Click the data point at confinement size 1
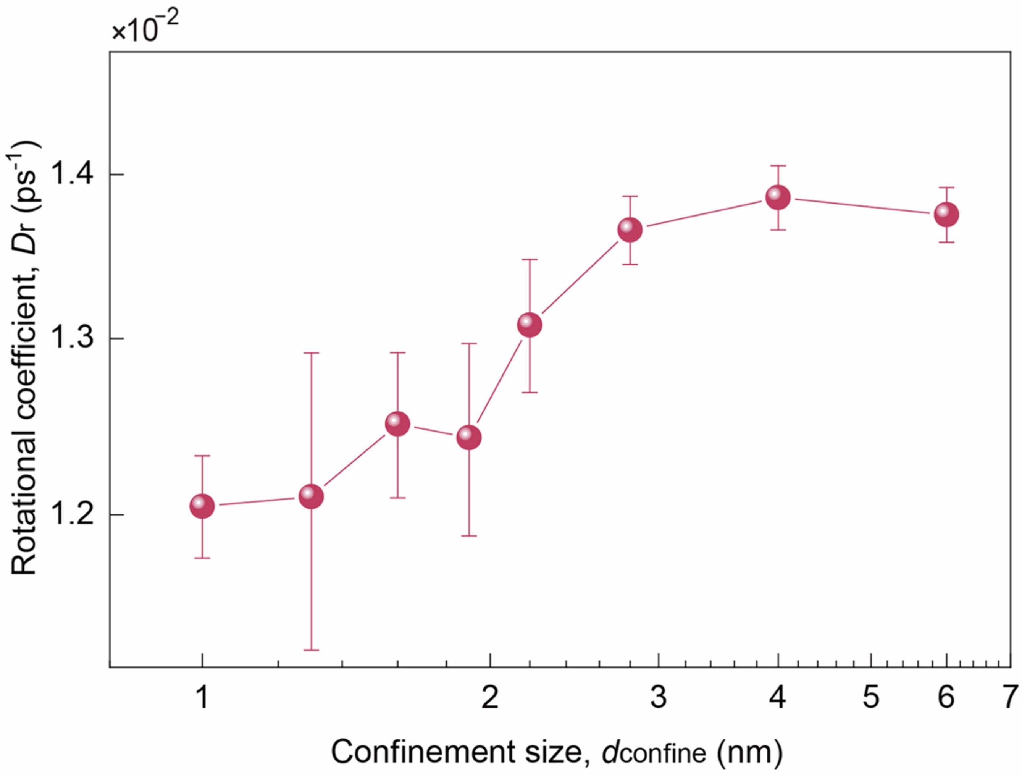(202, 506)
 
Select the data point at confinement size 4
(778, 198)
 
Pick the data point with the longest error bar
(311, 497)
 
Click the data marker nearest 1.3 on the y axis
(530, 325)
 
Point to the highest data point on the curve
(778, 198)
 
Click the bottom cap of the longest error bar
(311, 650)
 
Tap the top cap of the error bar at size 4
(778, 165)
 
